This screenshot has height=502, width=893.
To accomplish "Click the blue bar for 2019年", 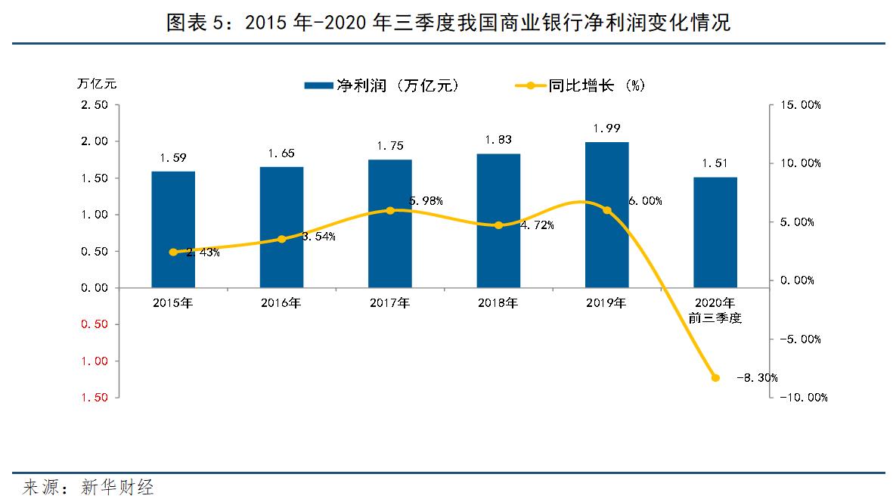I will pyautogui.click(x=606, y=215).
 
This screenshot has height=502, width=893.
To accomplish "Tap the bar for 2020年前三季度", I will pyautogui.click(x=715, y=232).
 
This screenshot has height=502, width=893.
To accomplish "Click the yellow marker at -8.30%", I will pyautogui.click(x=715, y=377).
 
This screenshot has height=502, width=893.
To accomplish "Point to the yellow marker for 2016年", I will pyautogui.click(x=281, y=239).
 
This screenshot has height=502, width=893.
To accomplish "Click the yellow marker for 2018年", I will pyautogui.click(x=498, y=225).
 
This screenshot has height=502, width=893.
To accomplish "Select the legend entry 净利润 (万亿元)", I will pyautogui.click(x=381, y=85).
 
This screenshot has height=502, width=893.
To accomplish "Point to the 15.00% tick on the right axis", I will pyautogui.click(x=799, y=105).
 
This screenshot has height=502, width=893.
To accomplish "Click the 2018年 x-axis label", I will pyautogui.click(x=498, y=304).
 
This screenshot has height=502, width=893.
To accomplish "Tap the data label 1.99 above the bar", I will pyautogui.click(x=606, y=128).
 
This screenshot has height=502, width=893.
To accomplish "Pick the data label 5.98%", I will pyautogui.click(x=426, y=201).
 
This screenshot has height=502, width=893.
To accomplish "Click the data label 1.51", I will pyautogui.click(x=715, y=163).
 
